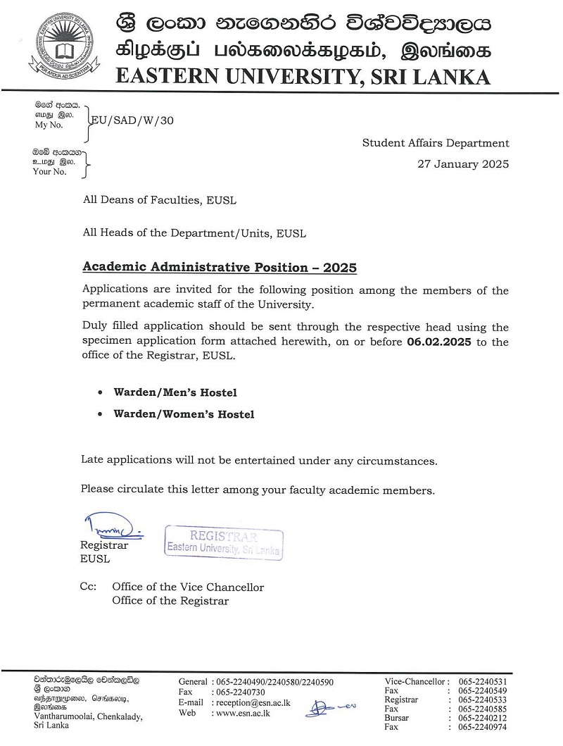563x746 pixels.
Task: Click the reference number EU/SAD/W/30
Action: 132,120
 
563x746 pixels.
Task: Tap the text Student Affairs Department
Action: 435,143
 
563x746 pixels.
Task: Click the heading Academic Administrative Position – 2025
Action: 220,268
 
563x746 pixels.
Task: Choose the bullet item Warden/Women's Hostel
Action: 184,414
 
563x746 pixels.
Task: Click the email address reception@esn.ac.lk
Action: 253,702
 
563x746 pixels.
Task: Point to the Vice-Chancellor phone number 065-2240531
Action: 483,681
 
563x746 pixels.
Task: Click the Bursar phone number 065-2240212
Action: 483,718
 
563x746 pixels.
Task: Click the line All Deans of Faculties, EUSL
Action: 160,200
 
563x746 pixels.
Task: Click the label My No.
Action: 49,125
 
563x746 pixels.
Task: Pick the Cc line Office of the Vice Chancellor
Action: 188,587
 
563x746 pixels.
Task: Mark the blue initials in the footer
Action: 329,705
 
